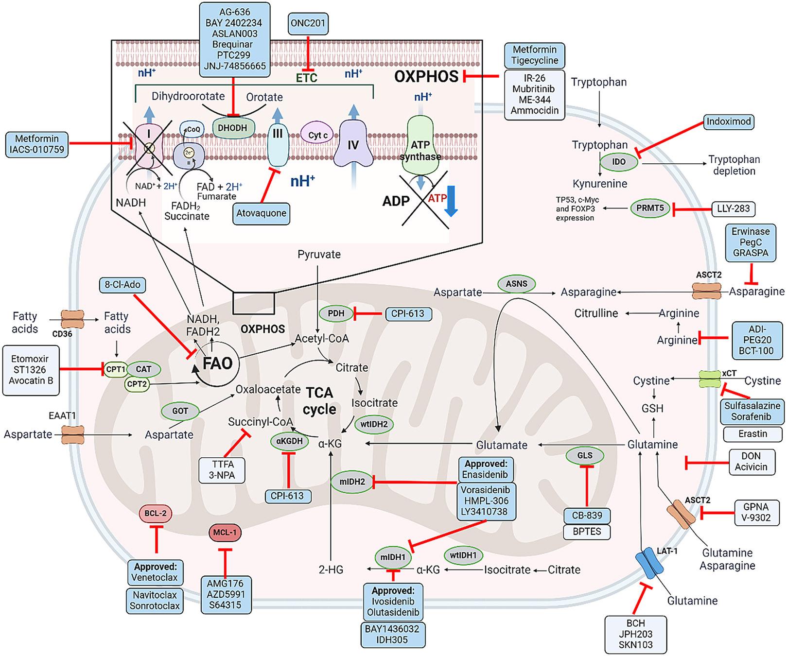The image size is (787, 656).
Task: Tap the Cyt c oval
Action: (318, 135)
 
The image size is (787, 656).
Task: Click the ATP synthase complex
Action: (421, 146)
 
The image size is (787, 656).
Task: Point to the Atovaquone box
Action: (261, 213)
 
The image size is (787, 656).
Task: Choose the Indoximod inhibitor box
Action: (729, 121)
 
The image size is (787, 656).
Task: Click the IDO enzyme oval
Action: (619, 161)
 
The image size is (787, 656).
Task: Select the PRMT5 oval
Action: (650, 208)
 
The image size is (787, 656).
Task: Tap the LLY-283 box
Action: (734, 208)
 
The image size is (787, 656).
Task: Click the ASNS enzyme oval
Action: (516, 283)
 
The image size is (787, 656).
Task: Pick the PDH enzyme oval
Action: (336, 313)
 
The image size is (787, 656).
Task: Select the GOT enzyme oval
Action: (180, 411)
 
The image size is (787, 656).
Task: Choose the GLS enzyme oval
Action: (585, 455)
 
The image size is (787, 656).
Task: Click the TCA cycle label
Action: (319, 401)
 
